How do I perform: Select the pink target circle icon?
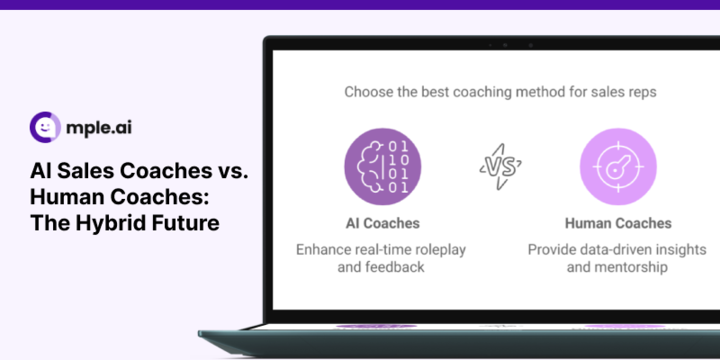click(x=617, y=164)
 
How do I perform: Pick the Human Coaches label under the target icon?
click(x=617, y=223)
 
